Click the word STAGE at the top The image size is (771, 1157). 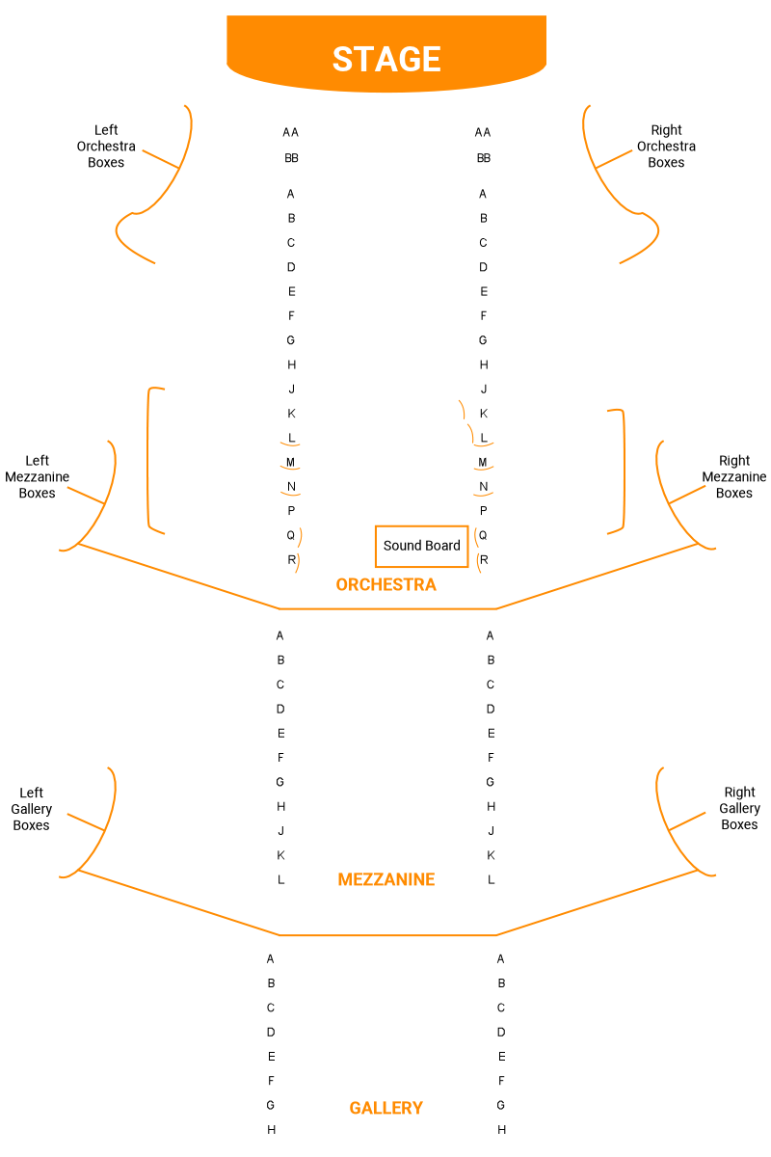coord(386,59)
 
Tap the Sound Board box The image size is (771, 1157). coord(422,546)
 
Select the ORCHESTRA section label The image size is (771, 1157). coord(385,584)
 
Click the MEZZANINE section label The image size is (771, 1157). coord(386,879)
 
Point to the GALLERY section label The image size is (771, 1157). coord(385,1108)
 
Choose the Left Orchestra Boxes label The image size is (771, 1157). coord(106,147)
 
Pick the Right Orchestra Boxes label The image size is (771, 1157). coord(666,147)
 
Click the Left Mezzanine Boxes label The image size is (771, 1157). coord(38,476)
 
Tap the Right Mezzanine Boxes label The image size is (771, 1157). coord(734,476)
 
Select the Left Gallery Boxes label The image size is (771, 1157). coord(32,809)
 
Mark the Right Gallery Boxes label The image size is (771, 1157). coord(739,809)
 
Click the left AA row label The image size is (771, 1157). coord(290,132)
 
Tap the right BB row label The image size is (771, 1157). coord(483,158)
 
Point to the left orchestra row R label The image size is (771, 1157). coord(291,559)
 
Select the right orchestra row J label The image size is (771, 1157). coord(484,389)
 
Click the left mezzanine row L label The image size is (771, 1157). coord(280,879)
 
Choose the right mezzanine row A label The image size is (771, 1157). coord(491,635)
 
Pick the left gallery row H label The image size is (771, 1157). coord(271,1129)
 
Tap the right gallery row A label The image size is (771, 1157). coord(501,958)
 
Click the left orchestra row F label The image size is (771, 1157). coord(291,315)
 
